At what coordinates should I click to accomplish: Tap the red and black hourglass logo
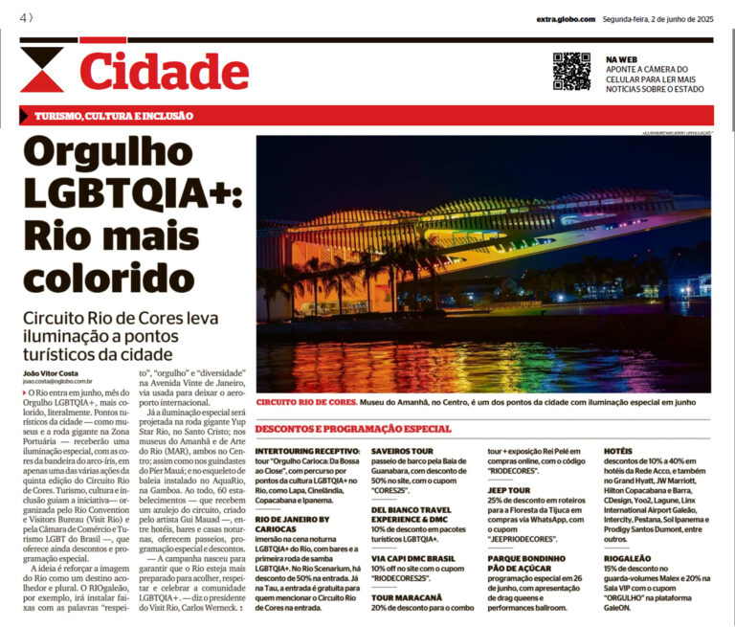pos(42,70)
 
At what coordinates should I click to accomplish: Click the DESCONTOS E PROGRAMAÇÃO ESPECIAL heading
pos(353,428)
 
